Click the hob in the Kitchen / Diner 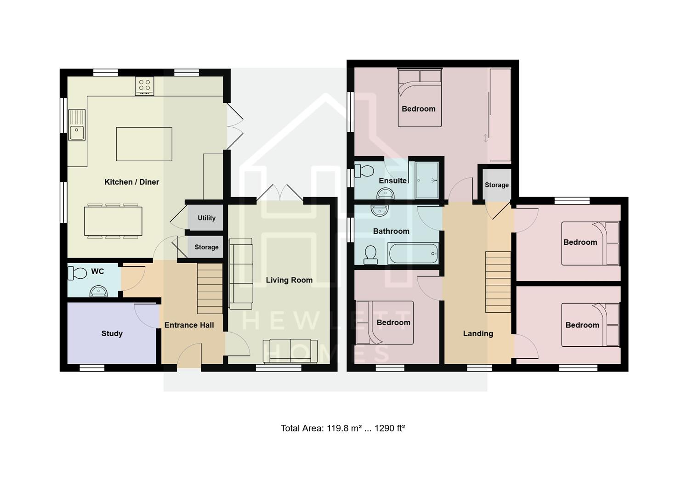coord(144,86)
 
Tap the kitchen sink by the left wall coord(77,125)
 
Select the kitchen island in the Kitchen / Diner coord(144,144)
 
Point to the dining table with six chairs coord(113,221)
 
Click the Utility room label coord(206,218)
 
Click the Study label coord(112,333)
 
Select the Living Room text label coord(289,280)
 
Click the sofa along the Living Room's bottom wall coord(290,351)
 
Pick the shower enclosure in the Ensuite coord(426,180)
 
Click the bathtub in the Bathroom coord(413,254)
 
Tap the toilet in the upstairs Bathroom coord(370,255)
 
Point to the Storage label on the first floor coord(496,185)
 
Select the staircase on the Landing coord(498,282)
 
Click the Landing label coord(478,334)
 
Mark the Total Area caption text coord(343,428)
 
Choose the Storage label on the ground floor coord(206,247)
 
